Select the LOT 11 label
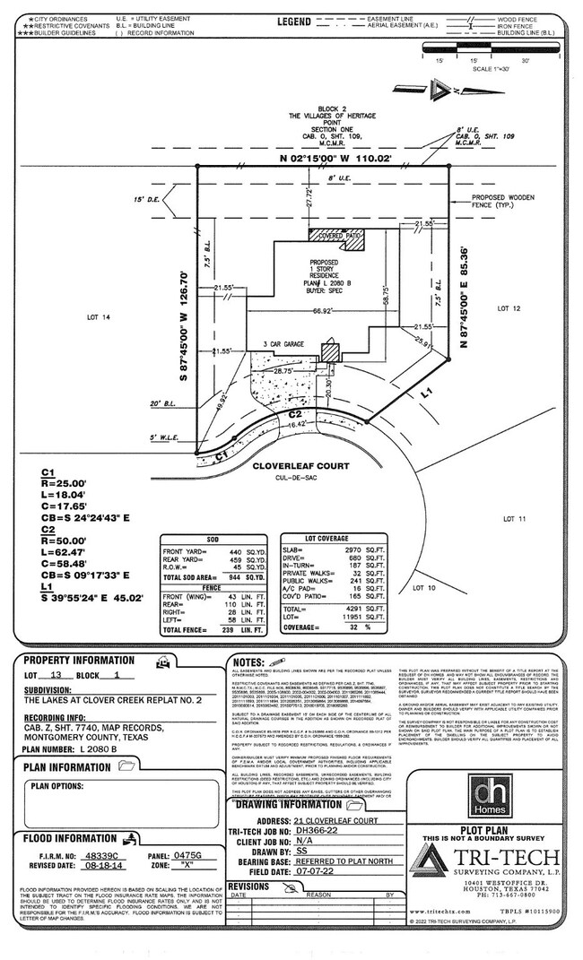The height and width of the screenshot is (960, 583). [x=515, y=518]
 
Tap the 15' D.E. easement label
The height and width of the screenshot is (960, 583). [x=146, y=199]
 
